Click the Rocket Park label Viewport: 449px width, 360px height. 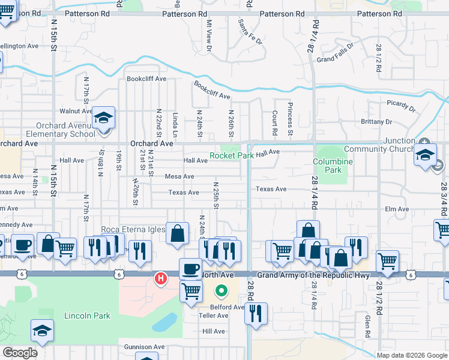tap(231, 155)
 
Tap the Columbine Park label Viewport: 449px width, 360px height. tap(333, 166)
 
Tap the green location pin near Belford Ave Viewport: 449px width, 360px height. tap(221, 292)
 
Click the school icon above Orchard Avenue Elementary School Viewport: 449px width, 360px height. tap(103, 119)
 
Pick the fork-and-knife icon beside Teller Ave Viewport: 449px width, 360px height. tap(256, 313)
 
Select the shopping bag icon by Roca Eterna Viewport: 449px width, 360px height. tap(178, 234)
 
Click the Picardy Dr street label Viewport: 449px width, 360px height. tap(401, 106)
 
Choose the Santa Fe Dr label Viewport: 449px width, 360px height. tap(250, 32)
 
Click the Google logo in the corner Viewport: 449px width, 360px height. tap(20, 353)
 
